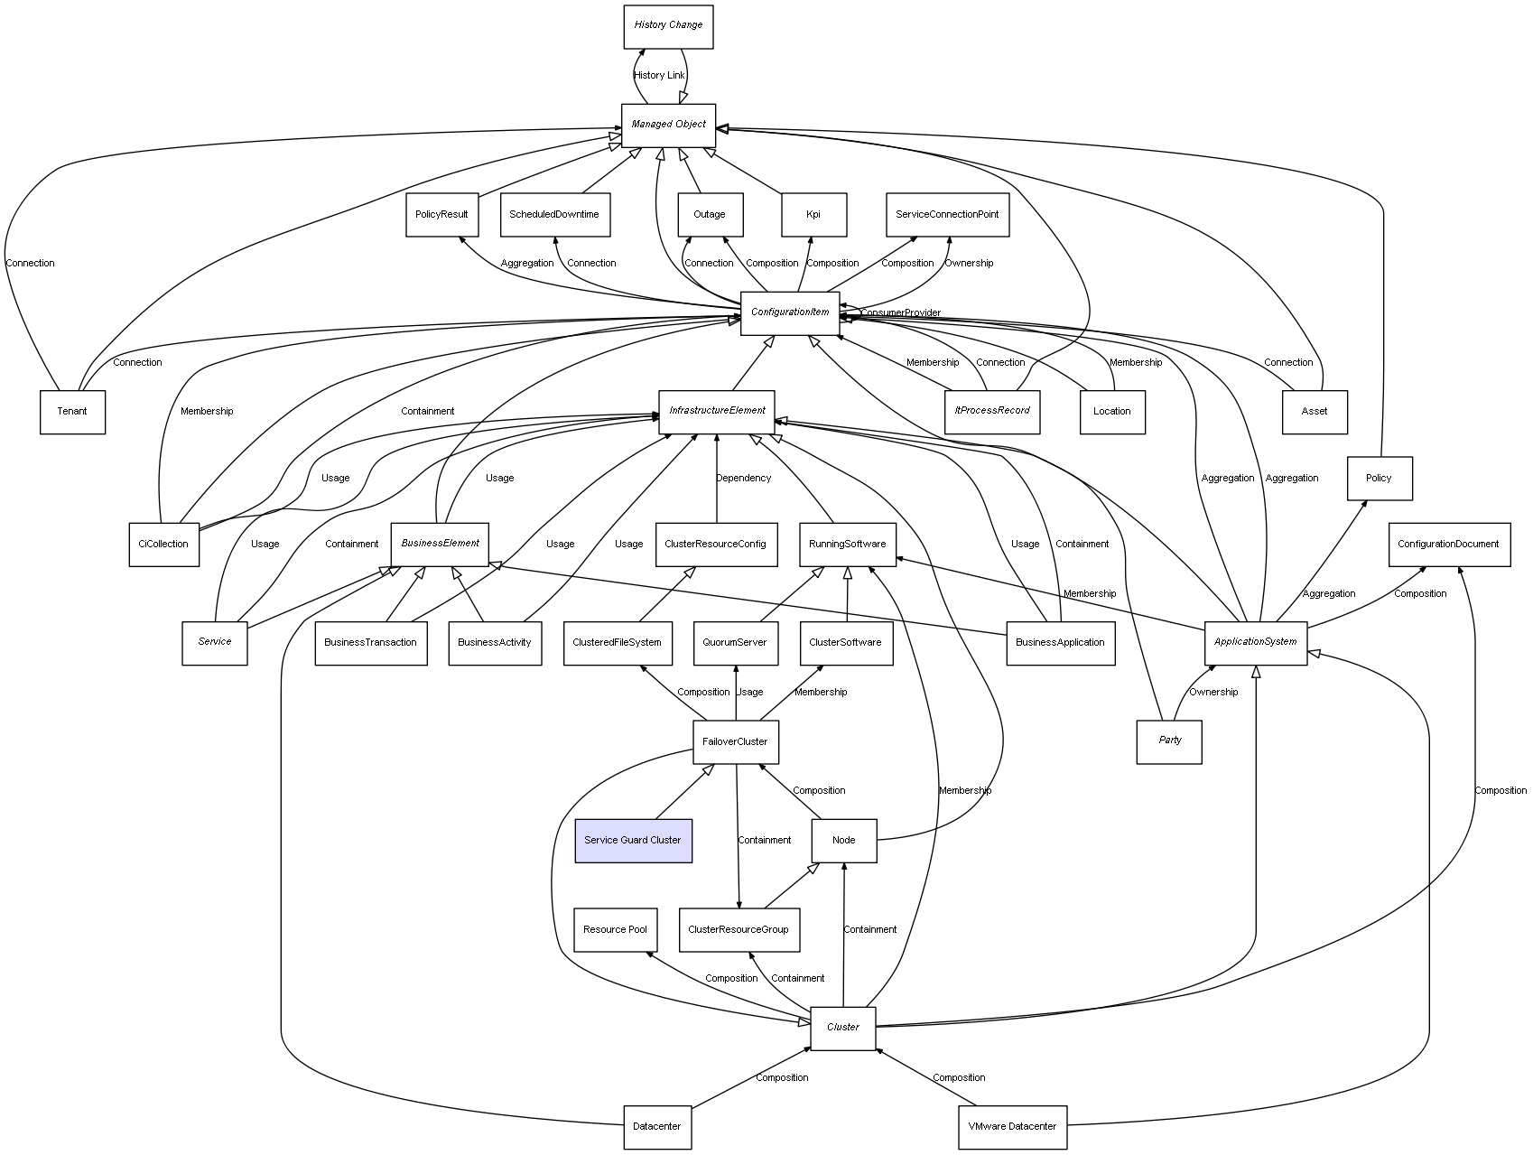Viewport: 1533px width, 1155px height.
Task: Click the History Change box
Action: (x=668, y=26)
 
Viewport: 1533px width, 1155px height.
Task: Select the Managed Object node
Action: (x=668, y=125)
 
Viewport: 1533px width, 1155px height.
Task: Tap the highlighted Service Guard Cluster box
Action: (x=633, y=841)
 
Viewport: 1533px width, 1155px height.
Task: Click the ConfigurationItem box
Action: (x=790, y=313)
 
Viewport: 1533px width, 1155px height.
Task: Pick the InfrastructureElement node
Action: (x=717, y=411)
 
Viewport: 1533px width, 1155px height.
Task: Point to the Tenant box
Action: (x=72, y=412)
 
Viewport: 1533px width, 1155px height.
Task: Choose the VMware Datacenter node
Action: (x=1012, y=1127)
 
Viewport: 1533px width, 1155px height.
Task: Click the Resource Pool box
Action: (x=615, y=930)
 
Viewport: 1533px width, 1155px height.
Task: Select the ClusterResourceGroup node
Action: (x=739, y=930)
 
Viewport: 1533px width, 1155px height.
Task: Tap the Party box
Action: (x=1169, y=741)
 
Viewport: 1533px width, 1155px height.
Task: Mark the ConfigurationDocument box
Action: (x=1448, y=545)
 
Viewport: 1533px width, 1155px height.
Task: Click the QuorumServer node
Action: (x=735, y=643)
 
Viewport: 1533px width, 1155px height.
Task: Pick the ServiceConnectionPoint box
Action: (x=947, y=215)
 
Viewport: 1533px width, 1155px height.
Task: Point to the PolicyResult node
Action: (x=441, y=215)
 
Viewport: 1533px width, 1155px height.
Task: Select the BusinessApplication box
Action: (x=1060, y=643)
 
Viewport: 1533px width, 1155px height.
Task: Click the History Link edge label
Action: (x=659, y=76)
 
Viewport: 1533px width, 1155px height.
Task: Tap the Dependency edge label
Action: (x=744, y=479)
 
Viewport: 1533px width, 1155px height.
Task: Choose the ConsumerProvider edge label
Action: (x=900, y=313)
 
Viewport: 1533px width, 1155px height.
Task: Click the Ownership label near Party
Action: (x=1213, y=693)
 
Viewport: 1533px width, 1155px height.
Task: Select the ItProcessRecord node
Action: (x=992, y=412)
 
